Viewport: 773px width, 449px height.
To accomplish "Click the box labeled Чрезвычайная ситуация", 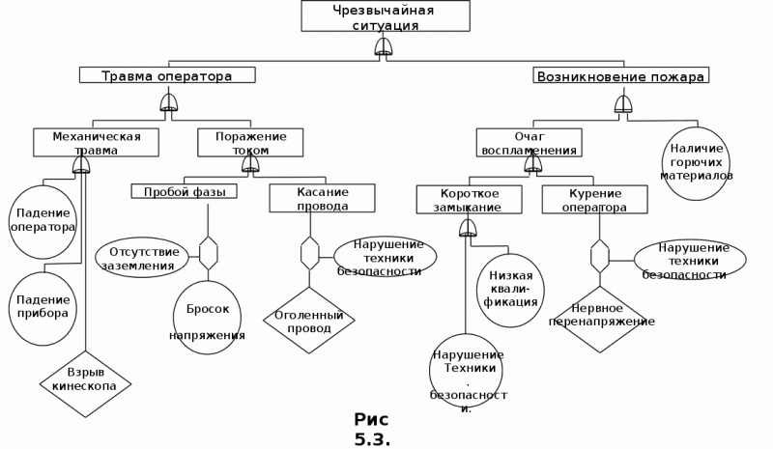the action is [x=386, y=16].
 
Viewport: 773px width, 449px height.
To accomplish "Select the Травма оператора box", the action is [x=167, y=75].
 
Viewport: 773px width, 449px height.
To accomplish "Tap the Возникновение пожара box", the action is [x=621, y=75].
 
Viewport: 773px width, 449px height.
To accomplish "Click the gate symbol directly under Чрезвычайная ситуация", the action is [x=384, y=47].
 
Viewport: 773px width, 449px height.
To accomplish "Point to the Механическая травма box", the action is [x=96, y=143].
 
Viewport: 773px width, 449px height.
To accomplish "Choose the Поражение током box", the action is [x=250, y=143].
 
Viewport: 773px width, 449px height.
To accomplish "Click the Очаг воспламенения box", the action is [x=529, y=143].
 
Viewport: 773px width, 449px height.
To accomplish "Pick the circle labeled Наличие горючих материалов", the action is [x=696, y=163].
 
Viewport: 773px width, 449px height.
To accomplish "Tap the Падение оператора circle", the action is [x=43, y=222].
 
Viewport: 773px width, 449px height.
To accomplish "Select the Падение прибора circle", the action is [x=43, y=309].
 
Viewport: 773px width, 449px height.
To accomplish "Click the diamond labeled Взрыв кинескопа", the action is [x=85, y=384].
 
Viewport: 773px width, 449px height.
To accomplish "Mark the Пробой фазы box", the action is [x=184, y=191].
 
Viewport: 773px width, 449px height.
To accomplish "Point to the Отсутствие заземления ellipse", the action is [x=142, y=257].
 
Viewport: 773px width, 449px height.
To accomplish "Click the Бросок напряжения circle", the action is [x=208, y=318].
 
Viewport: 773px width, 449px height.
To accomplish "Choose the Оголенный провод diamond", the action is [x=309, y=321].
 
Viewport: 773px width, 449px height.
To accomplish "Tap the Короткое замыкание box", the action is [x=470, y=200].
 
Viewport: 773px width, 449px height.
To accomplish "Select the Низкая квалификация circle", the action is [x=510, y=291].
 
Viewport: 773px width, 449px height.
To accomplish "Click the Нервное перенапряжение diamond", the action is [x=600, y=320].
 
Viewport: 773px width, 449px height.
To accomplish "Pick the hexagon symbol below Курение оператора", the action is [x=599, y=256].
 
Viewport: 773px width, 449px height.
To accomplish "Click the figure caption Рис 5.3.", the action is [x=372, y=430].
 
